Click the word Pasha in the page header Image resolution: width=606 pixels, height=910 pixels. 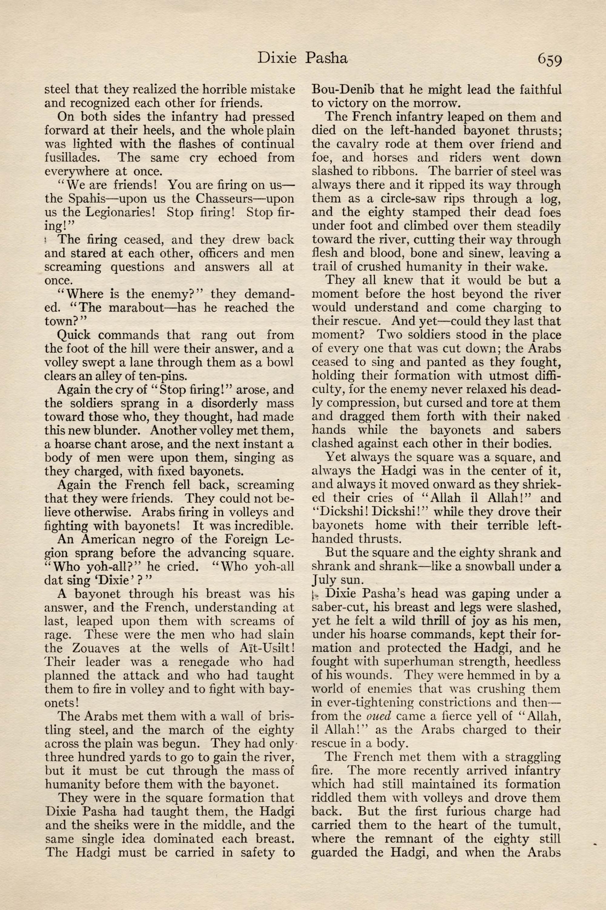click(327, 58)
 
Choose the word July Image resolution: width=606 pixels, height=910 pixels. click(324, 580)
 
